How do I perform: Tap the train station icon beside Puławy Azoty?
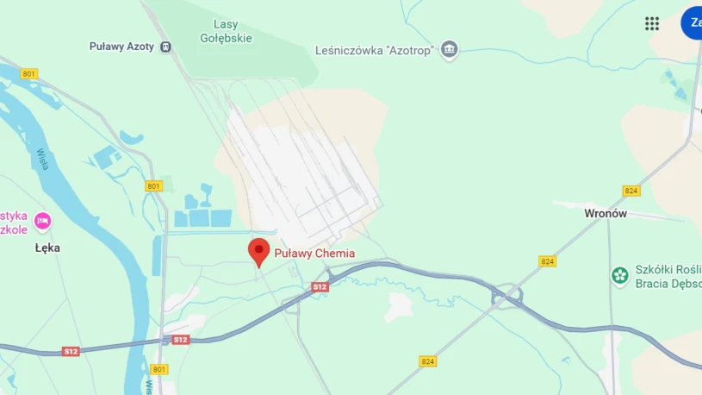165,47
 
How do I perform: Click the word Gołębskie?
226,38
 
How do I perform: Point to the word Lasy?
226,25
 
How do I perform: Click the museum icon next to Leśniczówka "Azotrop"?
449,50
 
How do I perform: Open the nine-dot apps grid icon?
652,23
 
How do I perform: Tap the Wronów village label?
606,213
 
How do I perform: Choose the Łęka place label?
47,248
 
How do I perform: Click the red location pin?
258,251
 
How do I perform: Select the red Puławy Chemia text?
314,254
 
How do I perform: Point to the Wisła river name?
43,159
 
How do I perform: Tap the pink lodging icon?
41,222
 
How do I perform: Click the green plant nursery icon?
619,276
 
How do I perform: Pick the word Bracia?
654,283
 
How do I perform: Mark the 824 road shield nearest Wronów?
631,191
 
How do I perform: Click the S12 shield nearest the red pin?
320,286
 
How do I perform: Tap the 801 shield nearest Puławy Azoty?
29,74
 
